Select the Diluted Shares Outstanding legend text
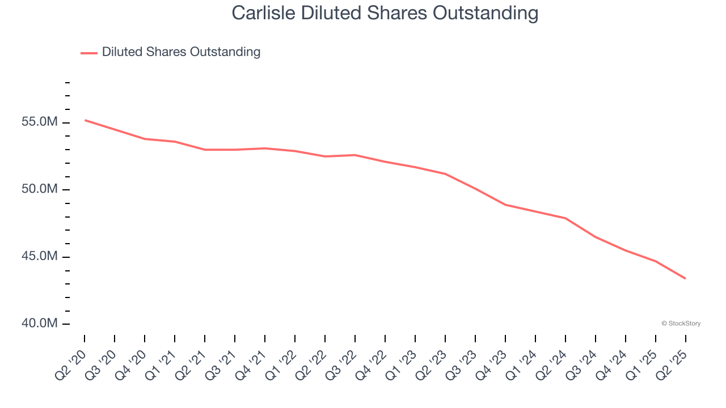[181, 52]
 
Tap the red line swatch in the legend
[89, 53]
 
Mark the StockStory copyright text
[681, 324]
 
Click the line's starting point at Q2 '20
[85, 120]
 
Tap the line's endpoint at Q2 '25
[686, 278]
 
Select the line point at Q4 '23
[505, 205]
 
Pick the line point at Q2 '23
[445, 173]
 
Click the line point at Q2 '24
[565, 218]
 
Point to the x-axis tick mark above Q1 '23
[415, 338]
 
